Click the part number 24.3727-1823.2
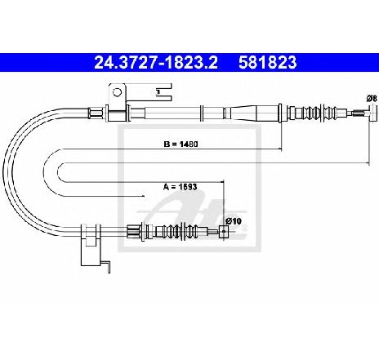(x=156, y=62)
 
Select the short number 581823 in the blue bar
(x=268, y=62)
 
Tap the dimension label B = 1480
(x=181, y=144)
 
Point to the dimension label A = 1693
(x=180, y=187)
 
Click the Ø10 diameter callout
(x=234, y=221)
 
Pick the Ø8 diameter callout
(x=372, y=98)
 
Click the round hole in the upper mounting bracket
(x=117, y=92)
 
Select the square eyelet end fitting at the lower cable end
(x=224, y=232)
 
